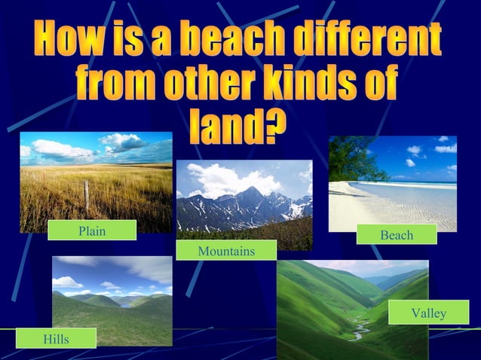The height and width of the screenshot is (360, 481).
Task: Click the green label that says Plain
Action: [x=92, y=230]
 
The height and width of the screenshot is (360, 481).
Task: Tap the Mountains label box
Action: [x=226, y=250]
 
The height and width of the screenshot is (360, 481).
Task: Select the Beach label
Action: [x=397, y=235]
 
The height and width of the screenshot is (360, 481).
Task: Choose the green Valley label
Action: [x=428, y=313]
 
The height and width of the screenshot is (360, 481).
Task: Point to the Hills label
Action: [x=56, y=339]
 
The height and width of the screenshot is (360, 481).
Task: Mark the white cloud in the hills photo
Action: [x=68, y=282]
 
